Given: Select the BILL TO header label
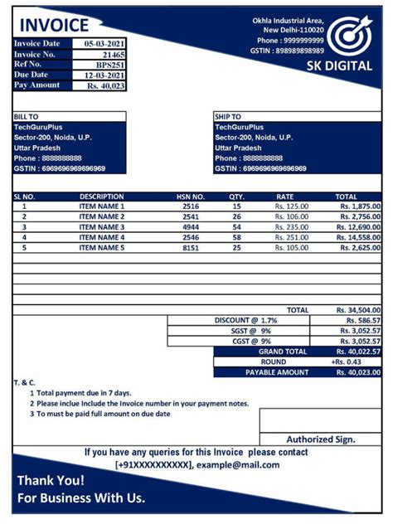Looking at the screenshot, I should point(27,117).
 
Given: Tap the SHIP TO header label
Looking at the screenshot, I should point(228,117).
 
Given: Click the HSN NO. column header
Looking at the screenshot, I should point(191,196).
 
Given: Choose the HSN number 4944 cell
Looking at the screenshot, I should point(191,226).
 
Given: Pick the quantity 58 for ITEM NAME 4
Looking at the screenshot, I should point(236,237).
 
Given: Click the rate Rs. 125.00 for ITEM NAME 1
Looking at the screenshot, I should point(291,206).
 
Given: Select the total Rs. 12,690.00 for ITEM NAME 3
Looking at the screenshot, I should point(358,226).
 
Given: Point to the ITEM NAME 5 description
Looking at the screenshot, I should point(101,247).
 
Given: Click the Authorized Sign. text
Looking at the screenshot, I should point(321,439).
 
